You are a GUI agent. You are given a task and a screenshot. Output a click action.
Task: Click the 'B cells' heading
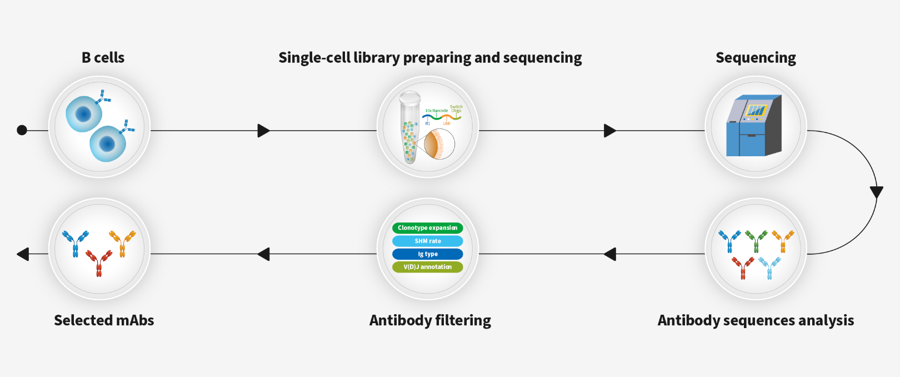click(103, 58)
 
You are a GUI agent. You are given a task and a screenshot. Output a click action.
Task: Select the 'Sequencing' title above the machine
click(756, 58)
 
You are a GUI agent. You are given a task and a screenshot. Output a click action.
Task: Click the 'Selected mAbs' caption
click(104, 320)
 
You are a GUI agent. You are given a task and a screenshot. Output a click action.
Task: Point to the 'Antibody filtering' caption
click(430, 320)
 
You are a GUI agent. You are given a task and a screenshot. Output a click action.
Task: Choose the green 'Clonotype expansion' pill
click(427, 228)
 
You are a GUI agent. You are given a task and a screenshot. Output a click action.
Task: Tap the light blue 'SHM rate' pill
click(427, 241)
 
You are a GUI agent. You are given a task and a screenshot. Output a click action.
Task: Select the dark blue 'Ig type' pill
click(427, 254)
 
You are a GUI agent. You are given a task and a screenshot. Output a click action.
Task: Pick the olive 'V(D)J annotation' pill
click(427, 267)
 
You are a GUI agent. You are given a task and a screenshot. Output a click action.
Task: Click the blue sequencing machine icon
click(754, 126)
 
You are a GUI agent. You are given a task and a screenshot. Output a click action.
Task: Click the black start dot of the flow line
click(22, 130)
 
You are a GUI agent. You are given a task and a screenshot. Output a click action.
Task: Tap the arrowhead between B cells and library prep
click(263, 131)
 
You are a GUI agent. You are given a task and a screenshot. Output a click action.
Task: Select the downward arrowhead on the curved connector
click(876, 192)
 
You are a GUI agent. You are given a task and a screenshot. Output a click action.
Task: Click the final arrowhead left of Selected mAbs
click(23, 254)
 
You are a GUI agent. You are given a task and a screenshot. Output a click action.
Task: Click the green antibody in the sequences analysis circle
click(756, 241)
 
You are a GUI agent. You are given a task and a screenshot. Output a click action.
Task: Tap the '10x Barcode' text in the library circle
click(436, 111)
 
